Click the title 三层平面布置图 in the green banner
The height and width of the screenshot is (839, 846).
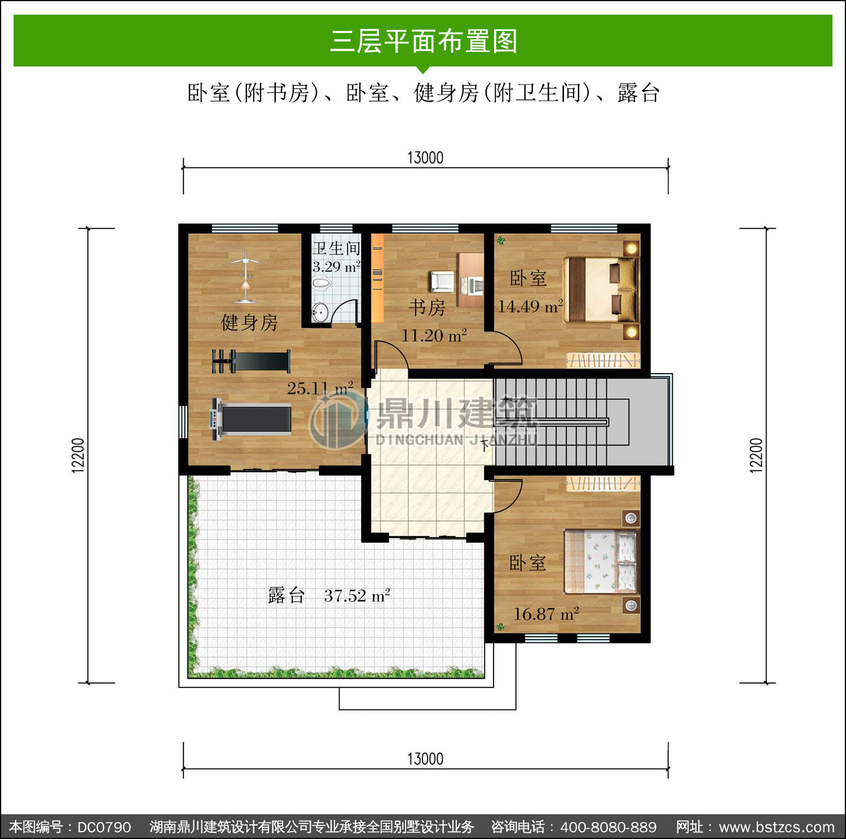(x=424, y=41)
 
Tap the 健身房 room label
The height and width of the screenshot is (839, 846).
(x=249, y=322)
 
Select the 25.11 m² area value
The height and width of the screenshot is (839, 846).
(x=320, y=388)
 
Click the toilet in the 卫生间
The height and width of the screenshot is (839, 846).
(x=321, y=283)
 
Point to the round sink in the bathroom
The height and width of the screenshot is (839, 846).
(x=320, y=312)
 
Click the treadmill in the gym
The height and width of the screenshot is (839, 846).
(x=251, y=419)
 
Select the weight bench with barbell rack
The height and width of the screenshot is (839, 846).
(x=251, y=361)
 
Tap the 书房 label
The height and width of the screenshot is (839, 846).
(x=427, y=308)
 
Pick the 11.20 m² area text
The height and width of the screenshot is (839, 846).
(x=434, y=335)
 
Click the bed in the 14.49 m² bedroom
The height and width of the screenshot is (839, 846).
(x=601, y=290)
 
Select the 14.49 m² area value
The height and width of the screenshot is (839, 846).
(x=530, y=306)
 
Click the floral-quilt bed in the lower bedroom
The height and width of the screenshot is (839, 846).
(x=601, y=561)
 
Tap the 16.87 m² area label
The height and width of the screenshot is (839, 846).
(x=546, y=614)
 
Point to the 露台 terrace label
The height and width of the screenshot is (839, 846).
(x=287, y=595)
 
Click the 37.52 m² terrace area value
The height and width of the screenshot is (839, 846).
(x=357, y=596)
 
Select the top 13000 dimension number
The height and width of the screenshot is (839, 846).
(x=425, y=158)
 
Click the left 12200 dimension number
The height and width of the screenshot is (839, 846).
(x=78, y=455)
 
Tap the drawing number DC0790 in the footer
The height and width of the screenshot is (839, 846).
(x=104, y=827)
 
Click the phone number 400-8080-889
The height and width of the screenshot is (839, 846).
(x=608, y=827)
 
